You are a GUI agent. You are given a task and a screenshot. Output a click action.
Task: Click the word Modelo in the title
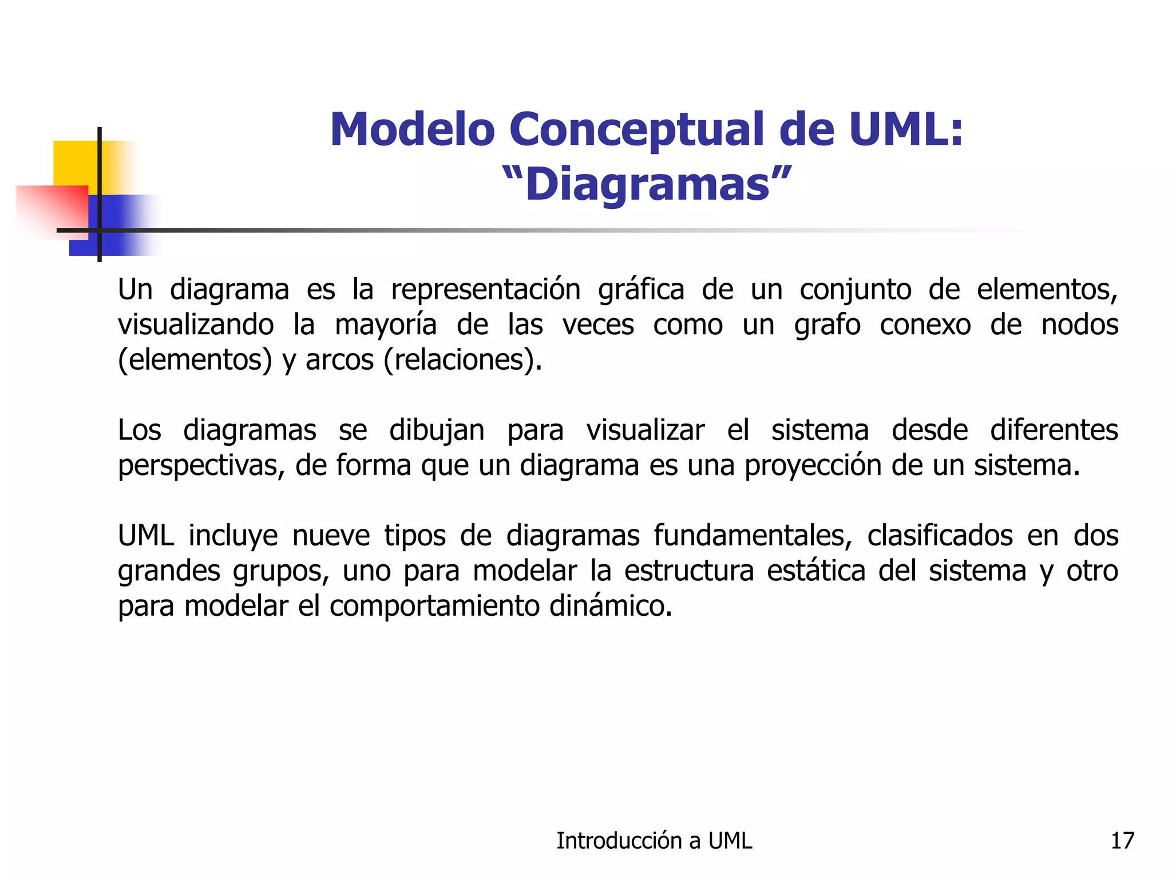pos(413,129)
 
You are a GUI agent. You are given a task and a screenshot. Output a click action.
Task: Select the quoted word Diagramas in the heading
pos(647,184)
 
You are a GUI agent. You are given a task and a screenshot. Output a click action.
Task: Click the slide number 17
pos(1122,841)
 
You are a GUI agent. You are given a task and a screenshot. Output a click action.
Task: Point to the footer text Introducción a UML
pos(654,841)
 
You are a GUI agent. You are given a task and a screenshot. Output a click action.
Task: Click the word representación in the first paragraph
pos(486,290)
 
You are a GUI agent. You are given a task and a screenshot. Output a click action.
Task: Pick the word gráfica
pos(641,290)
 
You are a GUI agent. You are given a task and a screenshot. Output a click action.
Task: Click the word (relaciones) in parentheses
pos(462,360)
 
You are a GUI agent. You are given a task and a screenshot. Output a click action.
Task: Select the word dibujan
pos(437,430)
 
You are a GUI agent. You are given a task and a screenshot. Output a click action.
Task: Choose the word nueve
pos(331,536)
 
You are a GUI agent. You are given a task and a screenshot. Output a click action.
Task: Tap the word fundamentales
pos(753,536)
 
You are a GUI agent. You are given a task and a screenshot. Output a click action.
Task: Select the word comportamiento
pos(434,606)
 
